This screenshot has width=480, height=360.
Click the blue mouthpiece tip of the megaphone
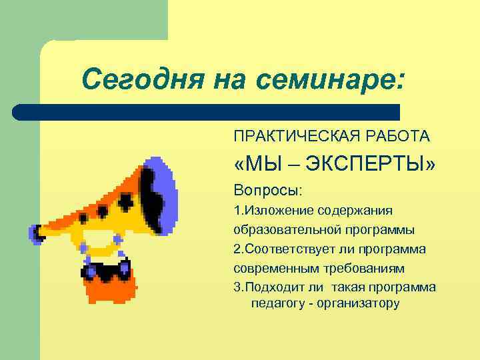tap(35, 233)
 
